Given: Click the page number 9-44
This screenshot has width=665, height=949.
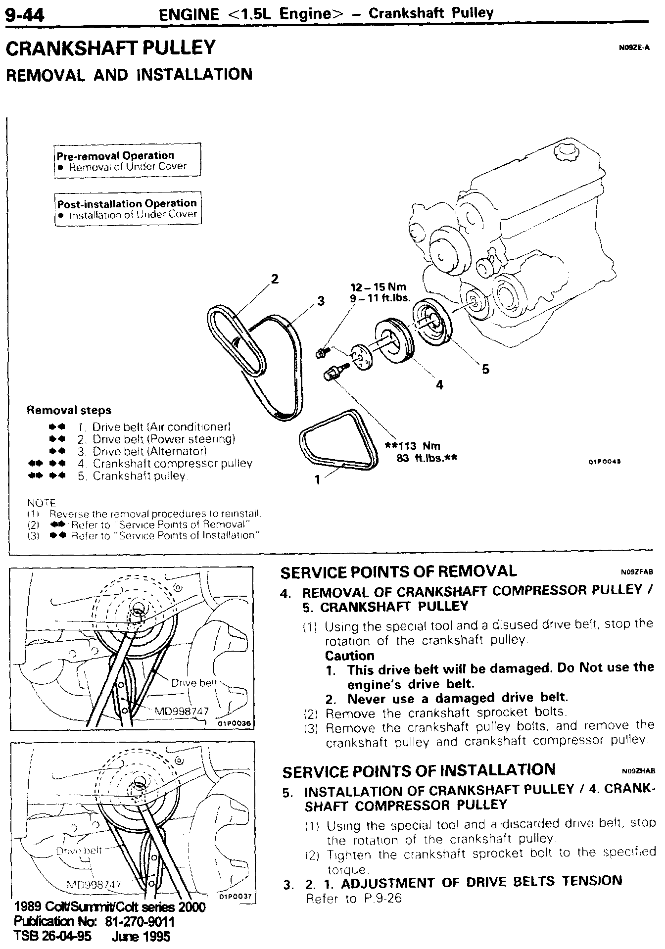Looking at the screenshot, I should (25, 15).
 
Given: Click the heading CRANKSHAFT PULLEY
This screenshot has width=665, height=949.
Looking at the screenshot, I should (110, 48).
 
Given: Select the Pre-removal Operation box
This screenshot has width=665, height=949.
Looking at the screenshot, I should (128, 160).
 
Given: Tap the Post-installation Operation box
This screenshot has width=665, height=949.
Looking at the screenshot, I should (128, 208).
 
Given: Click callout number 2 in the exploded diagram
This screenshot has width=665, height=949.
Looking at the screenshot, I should (275, 279).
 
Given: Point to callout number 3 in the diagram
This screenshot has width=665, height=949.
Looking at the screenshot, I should (321, 300).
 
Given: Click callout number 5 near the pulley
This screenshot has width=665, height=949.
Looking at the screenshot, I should (485, 369).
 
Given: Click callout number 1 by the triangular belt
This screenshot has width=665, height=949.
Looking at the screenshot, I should (317, 479).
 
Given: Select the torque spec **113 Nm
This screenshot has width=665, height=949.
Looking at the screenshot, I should (412, 446).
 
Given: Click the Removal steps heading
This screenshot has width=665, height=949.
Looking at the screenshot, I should (69, 410).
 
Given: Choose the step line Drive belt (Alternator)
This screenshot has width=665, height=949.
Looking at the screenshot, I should (149, 451).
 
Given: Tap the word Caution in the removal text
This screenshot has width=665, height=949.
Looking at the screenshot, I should (350, 656).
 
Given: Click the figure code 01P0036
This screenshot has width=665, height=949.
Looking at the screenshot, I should (234, 723).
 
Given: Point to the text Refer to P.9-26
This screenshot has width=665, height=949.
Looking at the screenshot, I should (355, 899).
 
